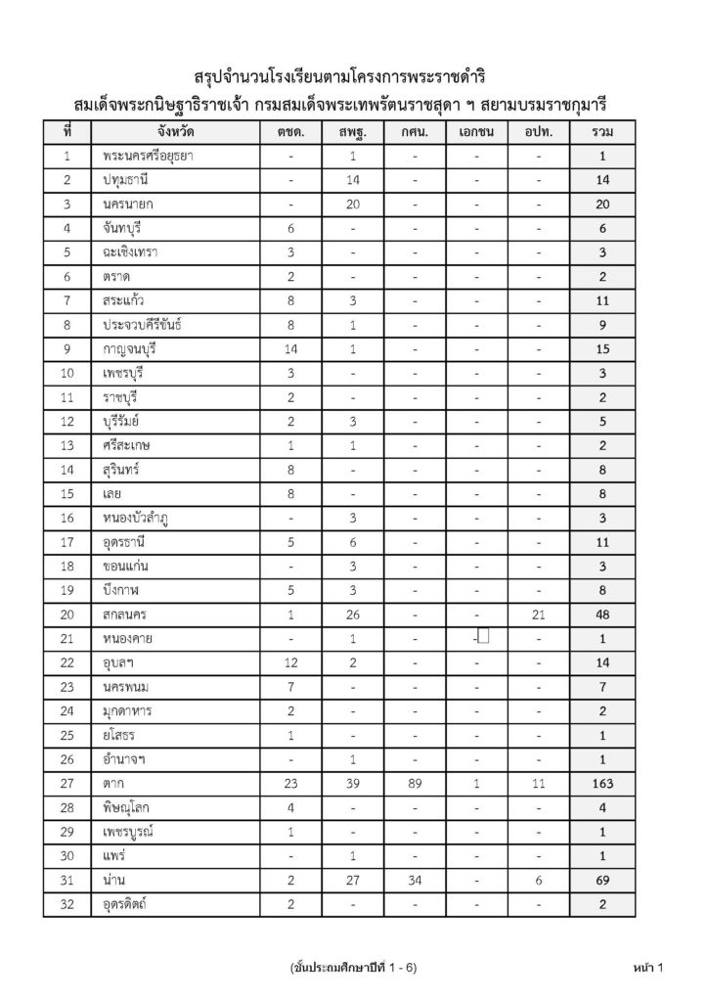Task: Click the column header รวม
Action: tap(603, 131)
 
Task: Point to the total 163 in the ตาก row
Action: tap(603, 784)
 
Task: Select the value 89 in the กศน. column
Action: tap(415, 784)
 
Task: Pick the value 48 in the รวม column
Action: tap(603, 615)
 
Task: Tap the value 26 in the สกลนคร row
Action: tap(352, 615)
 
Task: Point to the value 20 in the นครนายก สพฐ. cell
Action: tap(352, 204)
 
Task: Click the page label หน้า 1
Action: tap(647, 968)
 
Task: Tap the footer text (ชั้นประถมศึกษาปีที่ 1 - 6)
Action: tap(354, 968)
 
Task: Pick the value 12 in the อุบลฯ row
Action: tap(291, 662)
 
